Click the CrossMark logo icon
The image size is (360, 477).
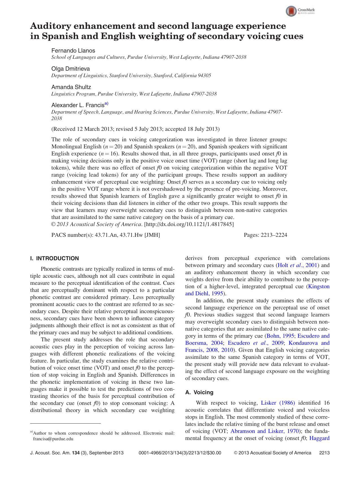click(291, 11)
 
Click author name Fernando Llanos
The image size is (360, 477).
click(73, 51)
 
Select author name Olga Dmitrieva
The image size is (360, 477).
click(71, 69)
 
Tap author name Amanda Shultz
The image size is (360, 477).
click(71, 87)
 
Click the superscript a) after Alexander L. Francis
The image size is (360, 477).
click(106, 104)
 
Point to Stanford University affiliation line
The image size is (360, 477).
click(131, 75)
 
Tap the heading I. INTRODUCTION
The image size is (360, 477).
click(54, 258)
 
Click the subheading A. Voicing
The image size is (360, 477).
click(199, 392)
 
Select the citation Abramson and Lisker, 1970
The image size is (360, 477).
click(265, 431)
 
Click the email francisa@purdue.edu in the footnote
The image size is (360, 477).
click(53, 439)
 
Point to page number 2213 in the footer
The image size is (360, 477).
click(324, 453)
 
